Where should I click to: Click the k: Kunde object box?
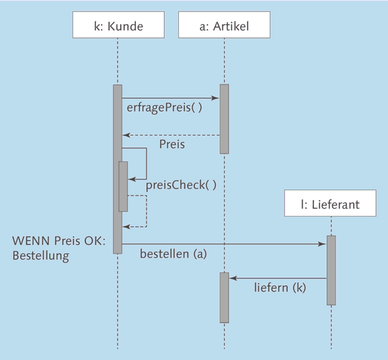117,26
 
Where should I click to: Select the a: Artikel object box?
223,26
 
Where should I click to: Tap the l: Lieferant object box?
330,204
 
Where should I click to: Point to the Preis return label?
172,145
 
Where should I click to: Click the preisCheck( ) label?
181,185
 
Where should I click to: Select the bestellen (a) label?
173,254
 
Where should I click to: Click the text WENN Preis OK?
58,241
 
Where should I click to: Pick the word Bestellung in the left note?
41,256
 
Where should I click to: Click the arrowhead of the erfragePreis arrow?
216,98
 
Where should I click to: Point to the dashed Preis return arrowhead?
126,135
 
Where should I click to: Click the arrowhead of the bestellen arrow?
323,244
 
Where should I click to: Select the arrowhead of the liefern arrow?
232,278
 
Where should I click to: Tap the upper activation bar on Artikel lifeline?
224,118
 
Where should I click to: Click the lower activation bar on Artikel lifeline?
224,298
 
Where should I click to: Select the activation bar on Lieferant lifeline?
331,270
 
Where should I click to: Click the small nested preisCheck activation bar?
123,186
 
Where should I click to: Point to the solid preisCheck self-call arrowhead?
131,179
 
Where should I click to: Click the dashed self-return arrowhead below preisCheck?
126,227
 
